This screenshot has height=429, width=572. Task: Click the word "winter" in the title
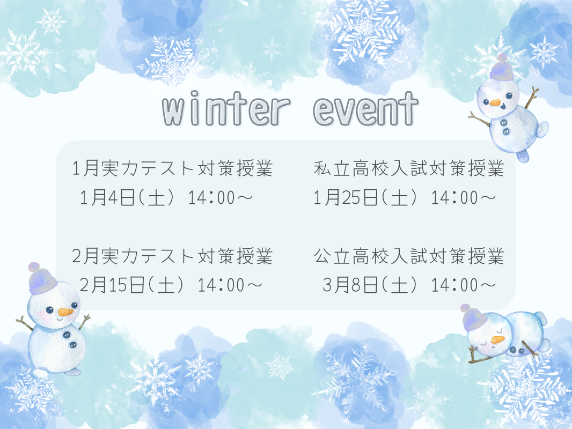pyautogui.click(x=226, y=108)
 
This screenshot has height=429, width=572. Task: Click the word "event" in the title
pyautogui.click(x=365, y=108)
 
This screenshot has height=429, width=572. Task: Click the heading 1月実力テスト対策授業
pyautogui.click(x=173, y=168)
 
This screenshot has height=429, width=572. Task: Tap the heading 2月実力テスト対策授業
pyautogui.click(x=173, y=256)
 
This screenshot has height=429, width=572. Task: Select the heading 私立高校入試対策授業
pyautogui.click(x=409, y=168)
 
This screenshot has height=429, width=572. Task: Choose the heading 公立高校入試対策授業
pyautogui.click(x=409, y=256)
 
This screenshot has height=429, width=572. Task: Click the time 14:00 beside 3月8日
pyautogui.click(x=454, y=285)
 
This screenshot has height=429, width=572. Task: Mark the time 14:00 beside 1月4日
pyautogui.click(x=211, y=198)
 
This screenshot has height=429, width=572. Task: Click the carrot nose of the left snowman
pyautogui.click(x=65, y=312)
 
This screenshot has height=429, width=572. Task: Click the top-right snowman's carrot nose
pyautogui.click(x=495, y=103)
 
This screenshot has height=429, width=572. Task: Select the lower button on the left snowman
pyautogui.click(x=74, y=344)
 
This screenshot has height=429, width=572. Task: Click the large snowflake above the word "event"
pyautogui.click(x=363, y=31)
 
